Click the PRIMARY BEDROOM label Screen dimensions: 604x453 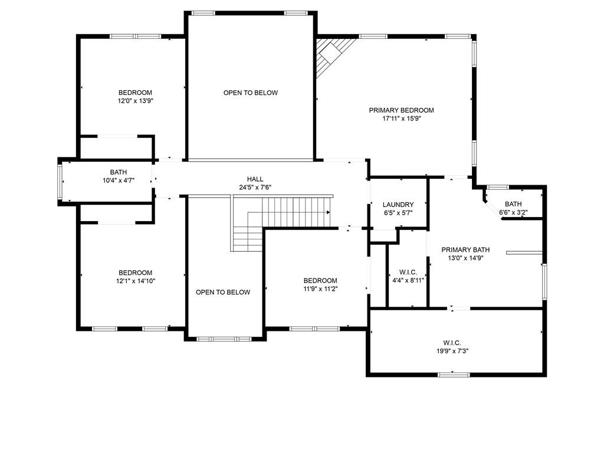point(401,110)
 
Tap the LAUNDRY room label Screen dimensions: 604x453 point(398,205)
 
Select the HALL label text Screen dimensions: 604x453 point(255,179)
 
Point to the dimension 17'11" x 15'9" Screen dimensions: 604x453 point(401,119)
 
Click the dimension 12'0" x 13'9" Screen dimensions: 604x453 point(135,101)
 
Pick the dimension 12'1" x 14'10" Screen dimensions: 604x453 point(136,281)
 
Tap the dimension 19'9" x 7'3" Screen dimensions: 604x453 point(452,351)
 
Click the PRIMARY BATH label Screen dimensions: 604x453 point(465,250)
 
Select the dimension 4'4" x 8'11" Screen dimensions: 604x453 point(408,280)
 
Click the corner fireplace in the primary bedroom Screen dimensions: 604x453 point(330,53)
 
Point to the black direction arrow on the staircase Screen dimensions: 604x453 point(329,212)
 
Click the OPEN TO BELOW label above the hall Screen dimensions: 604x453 point(250,93)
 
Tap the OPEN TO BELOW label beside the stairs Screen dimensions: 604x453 point(223,292)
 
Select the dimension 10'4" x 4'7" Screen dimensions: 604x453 point(118,180)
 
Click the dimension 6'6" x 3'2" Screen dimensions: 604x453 point(513,212)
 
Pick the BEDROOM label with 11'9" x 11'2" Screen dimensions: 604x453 point(320,280)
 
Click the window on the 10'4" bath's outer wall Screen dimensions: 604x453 point(60,182)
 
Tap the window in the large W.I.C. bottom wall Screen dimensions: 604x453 point(454,374)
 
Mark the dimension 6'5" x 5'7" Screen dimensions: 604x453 point(398,212)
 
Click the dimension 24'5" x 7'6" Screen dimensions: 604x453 point(255,188)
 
